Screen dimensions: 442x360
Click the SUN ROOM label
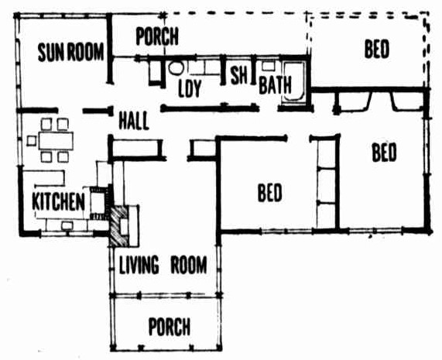click(70, 53)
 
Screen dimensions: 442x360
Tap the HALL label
click(134, 121)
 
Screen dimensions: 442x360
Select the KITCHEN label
click(58, 201)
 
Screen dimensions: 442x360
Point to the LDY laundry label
click(190, 88)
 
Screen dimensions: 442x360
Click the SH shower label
click(238, 75)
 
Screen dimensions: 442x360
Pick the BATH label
click(275, 85)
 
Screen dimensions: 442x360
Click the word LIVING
click(139, 265)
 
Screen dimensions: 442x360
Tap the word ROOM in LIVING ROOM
click(189, 265)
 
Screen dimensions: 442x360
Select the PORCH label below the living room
click(169, 327)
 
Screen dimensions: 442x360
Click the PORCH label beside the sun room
click(157, 36)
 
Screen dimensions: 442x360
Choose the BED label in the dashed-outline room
click(377, 49)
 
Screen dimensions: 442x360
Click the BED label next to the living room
click(269, 193)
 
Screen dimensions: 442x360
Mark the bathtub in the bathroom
click(293, 82)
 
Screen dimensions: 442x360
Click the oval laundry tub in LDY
click(176, 68)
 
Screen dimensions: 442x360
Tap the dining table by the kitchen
click(56, 141)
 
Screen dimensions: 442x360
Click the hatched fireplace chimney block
click(118, 225)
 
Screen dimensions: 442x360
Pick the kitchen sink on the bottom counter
click(67, 225)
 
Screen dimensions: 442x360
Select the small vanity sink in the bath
click(269, 66)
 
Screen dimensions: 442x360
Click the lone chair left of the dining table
click(32, 141)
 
